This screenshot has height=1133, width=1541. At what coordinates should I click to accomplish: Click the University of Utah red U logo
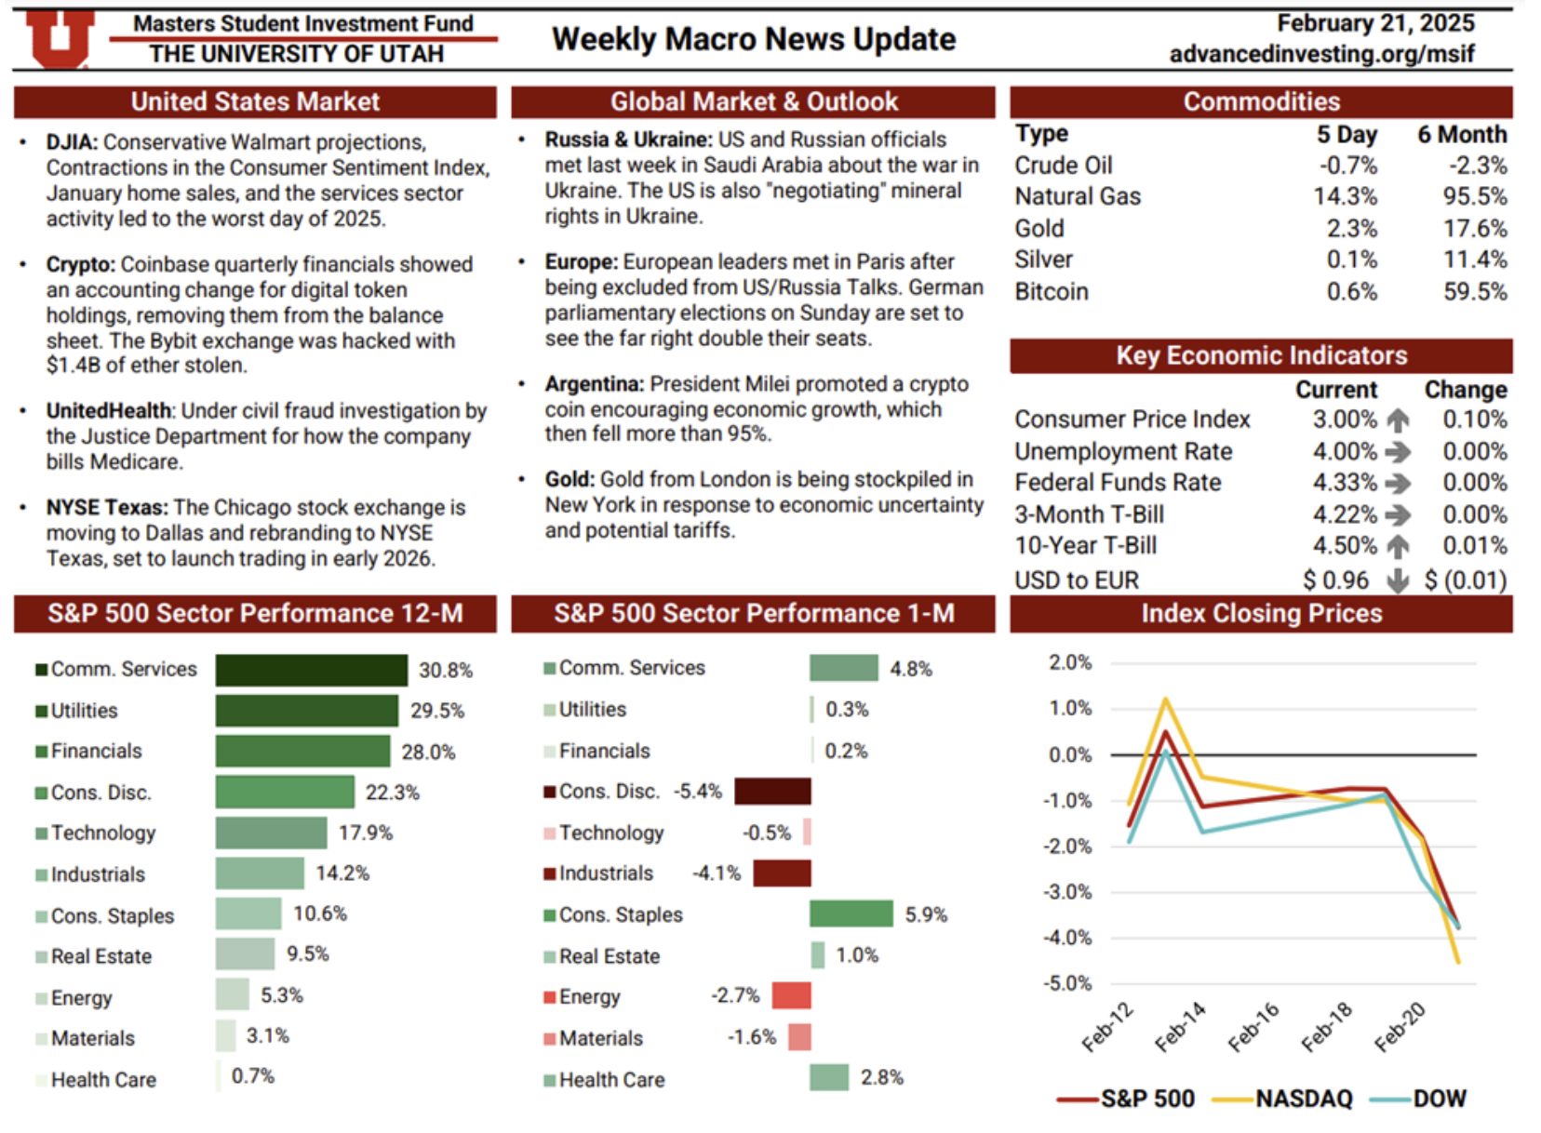pyautogui.click(x=59, y=40)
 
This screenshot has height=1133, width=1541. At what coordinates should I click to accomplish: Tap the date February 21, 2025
pyautogui.click(x=1374, y=23)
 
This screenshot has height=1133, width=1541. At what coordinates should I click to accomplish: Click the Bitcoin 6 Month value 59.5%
pyautogui.click(x=1475, y=292)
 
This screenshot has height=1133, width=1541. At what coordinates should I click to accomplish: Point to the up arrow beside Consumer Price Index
pyautogui.click(x=1397, y=420)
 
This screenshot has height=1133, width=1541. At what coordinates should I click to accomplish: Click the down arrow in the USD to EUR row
pyautogui.click(x=1397, y=580)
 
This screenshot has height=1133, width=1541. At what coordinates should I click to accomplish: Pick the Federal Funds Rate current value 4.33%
pyautogui.click(x=1345, y=483)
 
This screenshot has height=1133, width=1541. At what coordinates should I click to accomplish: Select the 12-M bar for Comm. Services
pyautogui.click(x=311, y=670)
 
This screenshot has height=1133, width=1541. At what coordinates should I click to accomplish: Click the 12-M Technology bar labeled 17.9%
pyautogui.click(x=271, y=833)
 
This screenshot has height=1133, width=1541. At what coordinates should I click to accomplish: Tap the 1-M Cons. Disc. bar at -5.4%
pyautogui.click(x=772, y=792)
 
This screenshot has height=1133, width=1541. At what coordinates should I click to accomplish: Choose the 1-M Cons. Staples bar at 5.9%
pyautogui.click(x=851, y=914)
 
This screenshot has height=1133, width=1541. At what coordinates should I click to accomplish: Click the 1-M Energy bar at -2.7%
pyautogui.click(x=791, y=995)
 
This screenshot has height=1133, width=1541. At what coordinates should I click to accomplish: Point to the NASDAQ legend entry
pyautogui.click(x=1283, y=1099)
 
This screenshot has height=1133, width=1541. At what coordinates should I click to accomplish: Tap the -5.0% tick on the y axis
pyautogui.click(x=1069, y=983)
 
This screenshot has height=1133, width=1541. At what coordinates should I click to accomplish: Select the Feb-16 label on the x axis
pyautogui.click(x=1253, y=1027)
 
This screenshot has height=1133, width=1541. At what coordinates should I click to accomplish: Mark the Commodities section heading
pyautogui.click(x=1261, y=101)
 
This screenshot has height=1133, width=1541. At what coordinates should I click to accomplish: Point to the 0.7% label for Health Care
pyautogui.click(x=252, y=1076)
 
